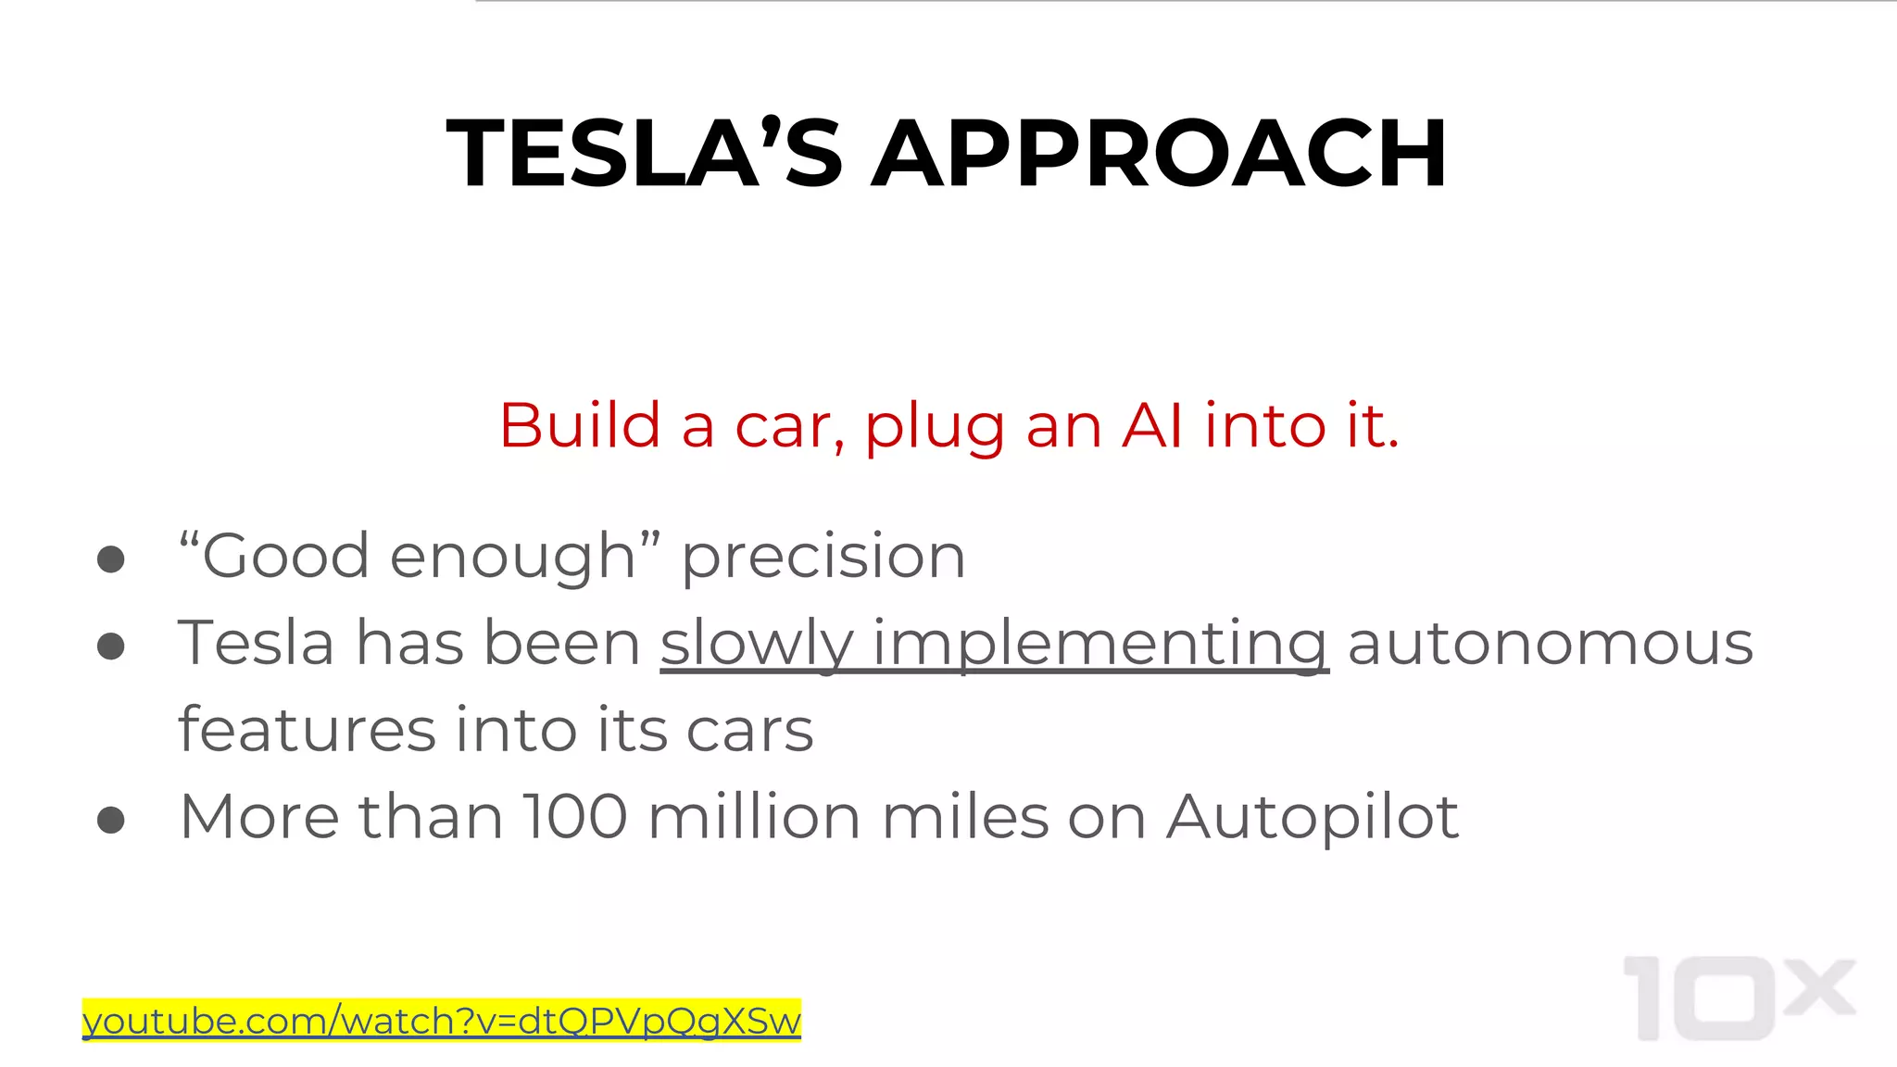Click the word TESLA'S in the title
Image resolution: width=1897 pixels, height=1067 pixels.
tap(645, 154)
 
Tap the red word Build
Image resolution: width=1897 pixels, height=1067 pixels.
tap(580, 426)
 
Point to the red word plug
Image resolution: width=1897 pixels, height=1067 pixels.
tap(935, 428)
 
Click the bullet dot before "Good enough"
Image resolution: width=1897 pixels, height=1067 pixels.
tap(111, 559)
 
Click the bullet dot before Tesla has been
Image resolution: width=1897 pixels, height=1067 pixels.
tap(111, 646)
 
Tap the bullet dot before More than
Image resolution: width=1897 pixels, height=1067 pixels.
tap(111, 819)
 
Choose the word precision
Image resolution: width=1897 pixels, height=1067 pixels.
tap(823, 558)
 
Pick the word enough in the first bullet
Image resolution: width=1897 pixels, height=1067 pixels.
tap(512, 558)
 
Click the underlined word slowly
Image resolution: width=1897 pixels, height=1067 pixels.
tap(756, 644)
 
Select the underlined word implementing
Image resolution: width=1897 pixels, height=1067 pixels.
tap(1100, 644)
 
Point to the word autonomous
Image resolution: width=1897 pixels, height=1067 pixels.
tap(1551, 644)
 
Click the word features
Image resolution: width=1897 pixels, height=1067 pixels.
tap(307, 730)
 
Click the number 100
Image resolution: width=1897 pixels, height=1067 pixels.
tap(575, 817)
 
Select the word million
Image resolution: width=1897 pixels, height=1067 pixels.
tap(754, 817)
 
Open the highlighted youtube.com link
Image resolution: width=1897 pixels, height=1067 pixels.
tap(441, 1021)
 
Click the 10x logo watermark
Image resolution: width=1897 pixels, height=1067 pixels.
tap(1739, 998)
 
